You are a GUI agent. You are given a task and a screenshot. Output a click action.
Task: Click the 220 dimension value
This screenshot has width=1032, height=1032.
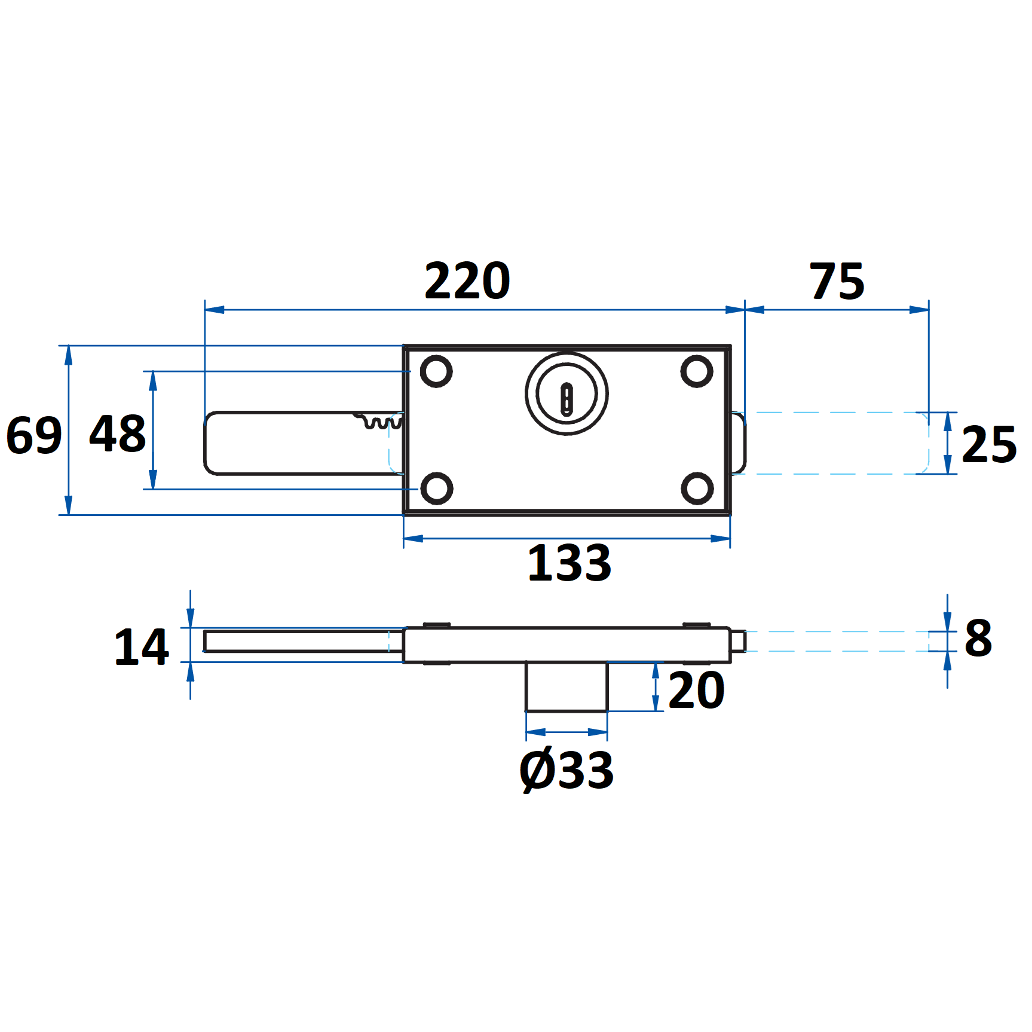pyautogui.click(x=467, y=281)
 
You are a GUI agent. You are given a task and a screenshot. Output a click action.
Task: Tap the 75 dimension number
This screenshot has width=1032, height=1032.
pyautogui.click(x=837, y=281)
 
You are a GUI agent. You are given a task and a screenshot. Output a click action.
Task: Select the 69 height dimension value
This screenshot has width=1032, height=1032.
pyautogui.click(x=33, y=435)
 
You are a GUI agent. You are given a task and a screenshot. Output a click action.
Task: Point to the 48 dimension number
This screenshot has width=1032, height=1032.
pyautogui.click(x=117, y=433)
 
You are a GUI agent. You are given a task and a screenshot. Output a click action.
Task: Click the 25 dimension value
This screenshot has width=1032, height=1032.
pyautogui.click(x=989, y=444)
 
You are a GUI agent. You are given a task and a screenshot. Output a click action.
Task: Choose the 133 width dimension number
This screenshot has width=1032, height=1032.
pyautogui.click(x=569, y=563)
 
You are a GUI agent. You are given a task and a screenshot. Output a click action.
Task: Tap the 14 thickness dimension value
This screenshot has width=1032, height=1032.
pyautogui.click(x=142, y=647)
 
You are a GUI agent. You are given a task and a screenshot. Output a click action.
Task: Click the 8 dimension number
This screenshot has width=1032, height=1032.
pyautogui.click(x=978, y=639)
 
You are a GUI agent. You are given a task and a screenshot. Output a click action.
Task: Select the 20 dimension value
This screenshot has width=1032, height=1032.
pyautogui.click(x=696, y=691)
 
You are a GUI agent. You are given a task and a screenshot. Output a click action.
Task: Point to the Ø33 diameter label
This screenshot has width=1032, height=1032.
pyautogui.click(x=566, y=771)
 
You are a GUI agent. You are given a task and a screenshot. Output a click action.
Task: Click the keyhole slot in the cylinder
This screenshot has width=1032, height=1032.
pyautogui.click(x=566, y=398)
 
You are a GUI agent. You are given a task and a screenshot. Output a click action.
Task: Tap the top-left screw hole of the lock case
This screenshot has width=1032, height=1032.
pyautogui.click(x=436, y=371)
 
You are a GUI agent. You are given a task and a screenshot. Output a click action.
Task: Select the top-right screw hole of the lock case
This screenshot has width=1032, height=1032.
pyautogui.click(x=697, y=371)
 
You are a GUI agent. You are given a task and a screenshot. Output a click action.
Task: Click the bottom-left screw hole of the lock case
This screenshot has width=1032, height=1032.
pyautogui.click(x=437, y=488)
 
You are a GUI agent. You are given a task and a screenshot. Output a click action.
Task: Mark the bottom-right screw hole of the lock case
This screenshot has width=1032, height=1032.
pyautogui.click(x=697, y=488)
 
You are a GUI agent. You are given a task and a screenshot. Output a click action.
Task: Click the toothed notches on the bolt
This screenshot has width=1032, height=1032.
pyautogui.click(x=379, y=420)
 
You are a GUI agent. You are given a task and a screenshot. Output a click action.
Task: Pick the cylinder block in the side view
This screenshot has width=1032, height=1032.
pyautogui.click(x=566, y=686)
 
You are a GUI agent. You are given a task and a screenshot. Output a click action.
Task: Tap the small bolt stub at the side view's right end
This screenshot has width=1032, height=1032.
pyautogui.click(x=739, y=641)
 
